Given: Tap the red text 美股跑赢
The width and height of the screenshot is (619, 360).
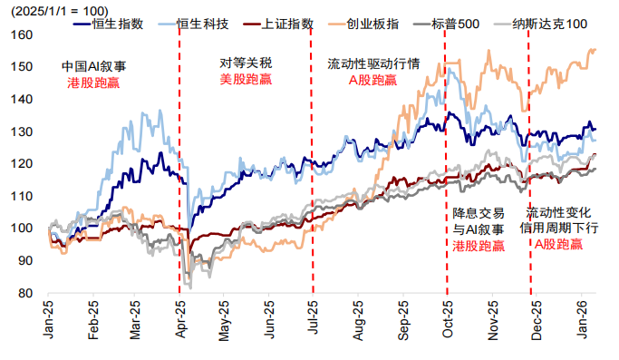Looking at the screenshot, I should (246, 80).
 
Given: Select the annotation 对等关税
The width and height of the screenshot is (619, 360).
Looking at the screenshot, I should (246, 64).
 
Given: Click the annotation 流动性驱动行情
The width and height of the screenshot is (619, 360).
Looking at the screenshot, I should (372, 64).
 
